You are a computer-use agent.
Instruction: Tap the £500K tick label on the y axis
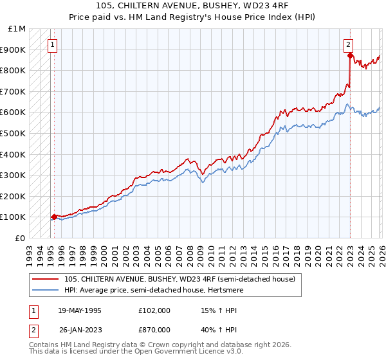(13, 133)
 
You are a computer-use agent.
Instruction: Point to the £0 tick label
(20, 238)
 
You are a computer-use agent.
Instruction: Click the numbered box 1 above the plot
(53, 45)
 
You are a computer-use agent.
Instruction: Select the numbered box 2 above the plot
(348, 45)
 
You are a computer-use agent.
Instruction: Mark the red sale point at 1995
(54, 217)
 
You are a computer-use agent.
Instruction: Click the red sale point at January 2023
(349, 56)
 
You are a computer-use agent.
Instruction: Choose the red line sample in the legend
(46, 279)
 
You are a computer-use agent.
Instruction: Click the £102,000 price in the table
(153, 310)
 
